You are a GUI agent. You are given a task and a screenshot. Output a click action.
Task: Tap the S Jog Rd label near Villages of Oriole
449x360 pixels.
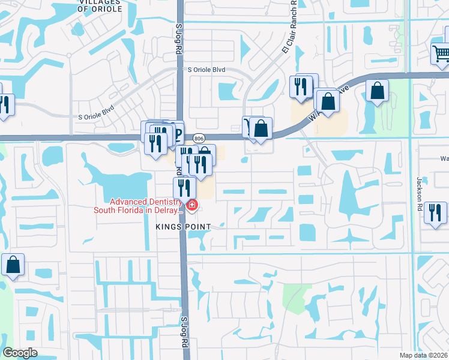[x=178, y=40]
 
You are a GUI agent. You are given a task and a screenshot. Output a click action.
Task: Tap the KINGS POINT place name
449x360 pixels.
[x=183, y=226]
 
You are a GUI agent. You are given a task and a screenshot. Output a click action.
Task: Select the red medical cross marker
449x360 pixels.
[x=191, y=206]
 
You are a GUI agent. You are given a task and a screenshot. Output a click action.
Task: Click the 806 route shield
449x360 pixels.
[x=199, y=137]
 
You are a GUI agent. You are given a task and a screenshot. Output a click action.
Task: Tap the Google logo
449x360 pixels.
[x=20, y=353]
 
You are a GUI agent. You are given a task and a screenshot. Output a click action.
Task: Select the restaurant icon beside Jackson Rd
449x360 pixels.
[x=435, y=212]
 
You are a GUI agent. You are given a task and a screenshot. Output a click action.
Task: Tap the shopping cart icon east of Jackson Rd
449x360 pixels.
[x=441, y=54]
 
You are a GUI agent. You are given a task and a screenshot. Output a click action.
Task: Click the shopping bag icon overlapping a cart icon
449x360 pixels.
[x=261, y=128]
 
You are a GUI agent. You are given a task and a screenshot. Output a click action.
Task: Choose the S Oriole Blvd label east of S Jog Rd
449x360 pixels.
[x=206, y=70]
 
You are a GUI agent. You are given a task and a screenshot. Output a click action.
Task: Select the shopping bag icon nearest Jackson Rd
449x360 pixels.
[x=378, y=91]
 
